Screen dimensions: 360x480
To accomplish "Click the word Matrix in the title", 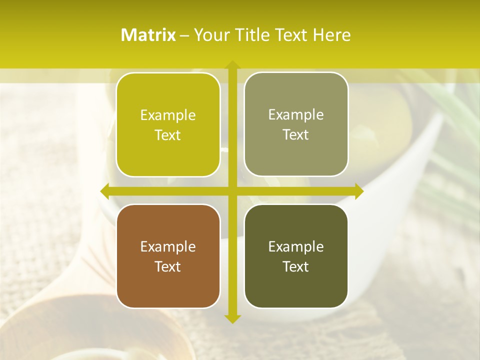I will point(148,35).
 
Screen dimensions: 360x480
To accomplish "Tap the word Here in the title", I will point(331,35).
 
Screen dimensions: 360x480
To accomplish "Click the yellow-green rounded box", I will point(168,124).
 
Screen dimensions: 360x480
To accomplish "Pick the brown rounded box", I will point(168,256).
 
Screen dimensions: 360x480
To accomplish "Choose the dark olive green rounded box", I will point(296,256).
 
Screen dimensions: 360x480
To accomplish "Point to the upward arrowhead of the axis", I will point(232,65).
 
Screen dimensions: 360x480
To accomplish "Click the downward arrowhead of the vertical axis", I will point(232,318).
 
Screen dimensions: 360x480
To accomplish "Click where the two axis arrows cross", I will point(232,191).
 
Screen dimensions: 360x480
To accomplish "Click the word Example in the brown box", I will point(168,246).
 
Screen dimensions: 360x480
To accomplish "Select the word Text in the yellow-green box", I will point(168,135).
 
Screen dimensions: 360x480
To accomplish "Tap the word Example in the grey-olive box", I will point(296,114).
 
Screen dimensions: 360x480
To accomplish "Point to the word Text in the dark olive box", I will point(296,266).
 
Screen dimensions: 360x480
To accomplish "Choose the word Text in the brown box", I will point(168,266).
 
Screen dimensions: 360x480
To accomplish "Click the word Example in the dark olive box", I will point(296,246).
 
